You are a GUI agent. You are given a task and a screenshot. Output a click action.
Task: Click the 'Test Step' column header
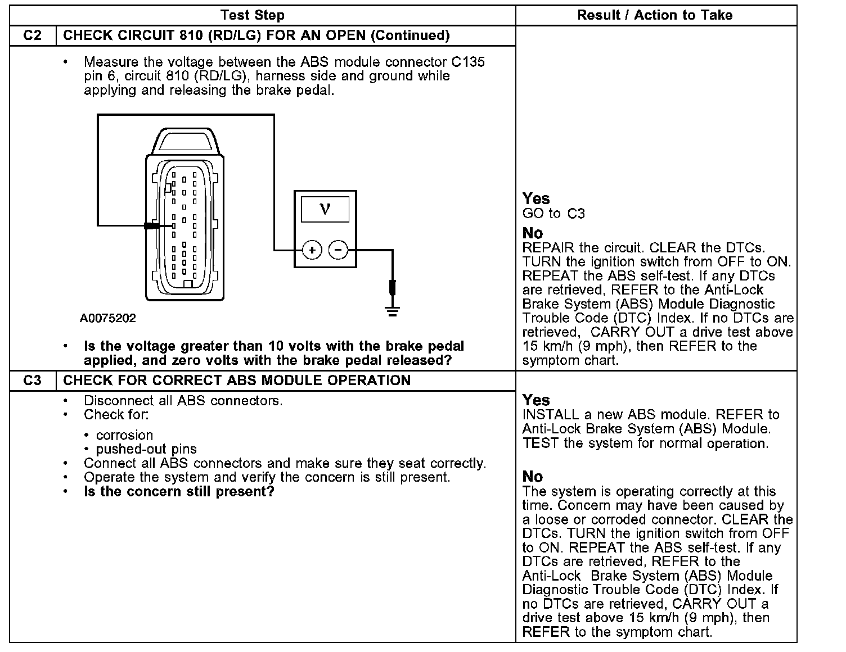[x=252, y=15]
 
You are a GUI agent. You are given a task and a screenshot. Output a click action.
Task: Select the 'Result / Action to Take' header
[x=655, y=15]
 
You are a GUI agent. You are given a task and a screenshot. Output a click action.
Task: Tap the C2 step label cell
[x=33, y=35]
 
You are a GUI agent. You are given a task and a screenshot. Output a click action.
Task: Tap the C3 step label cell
[x=33, y=381]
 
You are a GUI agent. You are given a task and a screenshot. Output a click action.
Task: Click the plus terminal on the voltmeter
[x=312, y=250]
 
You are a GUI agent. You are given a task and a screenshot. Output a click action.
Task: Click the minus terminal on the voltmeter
[x=338, y=250]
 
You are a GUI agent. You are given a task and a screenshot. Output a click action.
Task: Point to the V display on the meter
[x=325, y=209]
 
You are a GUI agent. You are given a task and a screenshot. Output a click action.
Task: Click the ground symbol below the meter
[x=393, y=311]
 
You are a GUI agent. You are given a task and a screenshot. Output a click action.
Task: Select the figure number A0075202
[x=108, y=319]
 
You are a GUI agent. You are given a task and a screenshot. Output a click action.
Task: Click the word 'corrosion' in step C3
[x=124, y=435]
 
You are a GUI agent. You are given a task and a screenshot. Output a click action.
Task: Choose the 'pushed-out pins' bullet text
[x=146, y=449]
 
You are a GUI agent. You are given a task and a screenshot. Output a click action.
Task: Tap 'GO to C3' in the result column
[x=553, y=214]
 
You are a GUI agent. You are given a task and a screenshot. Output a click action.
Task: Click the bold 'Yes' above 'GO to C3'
[x=536, y=198]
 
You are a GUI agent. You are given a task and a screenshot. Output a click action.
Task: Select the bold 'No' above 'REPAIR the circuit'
[x=533, y=233]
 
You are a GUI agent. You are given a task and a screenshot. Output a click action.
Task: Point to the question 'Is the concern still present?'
[x=179, y=492]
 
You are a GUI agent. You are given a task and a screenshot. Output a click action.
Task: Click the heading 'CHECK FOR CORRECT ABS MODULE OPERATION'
[x=237, y=381]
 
